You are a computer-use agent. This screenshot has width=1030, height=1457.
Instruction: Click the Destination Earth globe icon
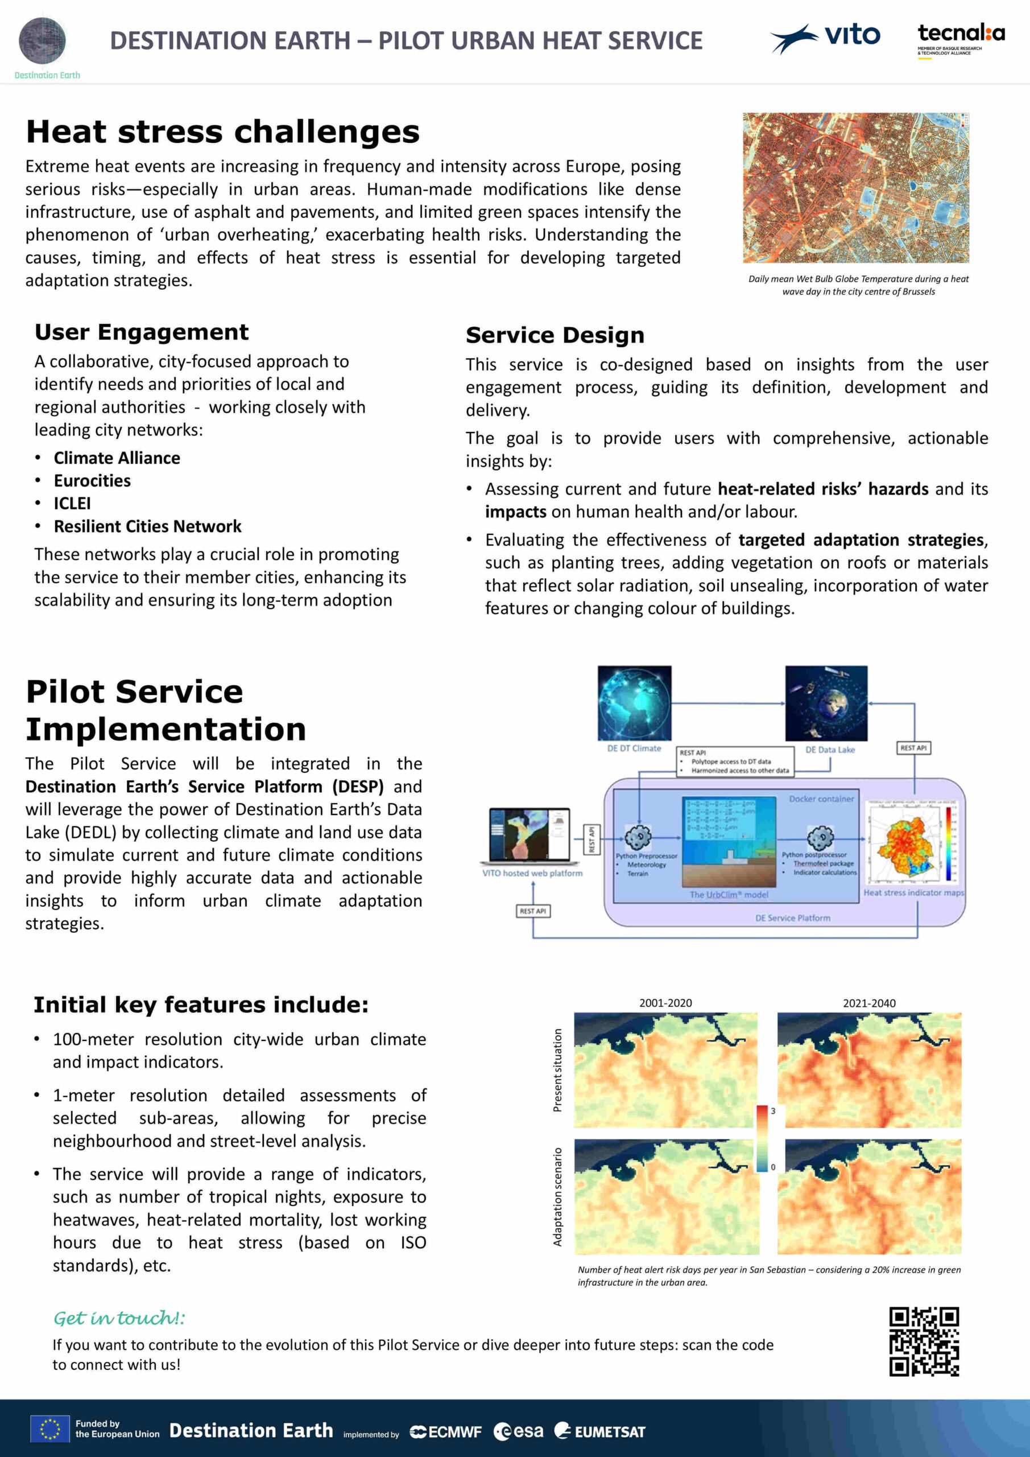43,40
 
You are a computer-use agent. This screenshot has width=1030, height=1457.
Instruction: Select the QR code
924,1341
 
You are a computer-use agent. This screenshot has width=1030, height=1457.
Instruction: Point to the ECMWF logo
445,1431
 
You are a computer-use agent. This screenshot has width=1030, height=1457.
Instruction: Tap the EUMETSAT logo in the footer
600,1431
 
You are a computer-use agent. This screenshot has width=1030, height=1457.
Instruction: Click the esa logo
518,1431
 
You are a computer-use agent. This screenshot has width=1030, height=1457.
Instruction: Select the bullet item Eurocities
92,481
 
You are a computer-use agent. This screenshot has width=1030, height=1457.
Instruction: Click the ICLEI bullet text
72,504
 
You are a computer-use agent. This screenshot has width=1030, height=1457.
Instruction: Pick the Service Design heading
555,335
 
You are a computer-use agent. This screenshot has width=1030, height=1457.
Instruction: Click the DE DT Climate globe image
634,703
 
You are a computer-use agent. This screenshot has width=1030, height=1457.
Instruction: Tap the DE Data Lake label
830,750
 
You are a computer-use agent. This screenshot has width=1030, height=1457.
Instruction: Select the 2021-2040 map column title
869,1003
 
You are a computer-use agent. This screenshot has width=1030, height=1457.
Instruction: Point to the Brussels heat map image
855,188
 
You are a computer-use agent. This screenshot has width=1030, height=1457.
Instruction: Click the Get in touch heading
119,1318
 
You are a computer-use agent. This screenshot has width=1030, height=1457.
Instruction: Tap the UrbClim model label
729,895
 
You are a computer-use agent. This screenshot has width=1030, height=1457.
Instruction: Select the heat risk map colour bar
762,1138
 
